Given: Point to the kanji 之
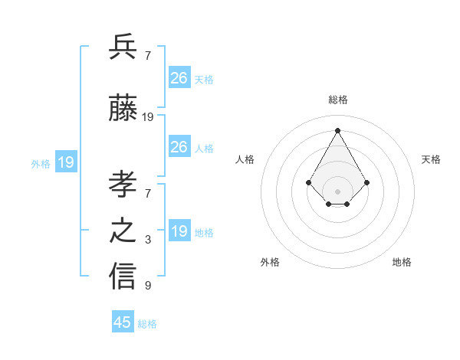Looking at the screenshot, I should point(123,231).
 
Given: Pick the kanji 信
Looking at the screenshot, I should point(123,276).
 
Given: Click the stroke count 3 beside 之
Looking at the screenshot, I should point(148,241).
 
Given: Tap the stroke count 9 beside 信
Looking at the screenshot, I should point(148,286).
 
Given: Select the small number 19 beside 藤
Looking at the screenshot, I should point(148,117).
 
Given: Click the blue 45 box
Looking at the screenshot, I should point(123,322).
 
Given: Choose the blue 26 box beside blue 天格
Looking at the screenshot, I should point(179,78).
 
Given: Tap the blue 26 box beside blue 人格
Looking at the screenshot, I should point(179,147).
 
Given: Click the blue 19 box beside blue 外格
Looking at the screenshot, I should point(66,162).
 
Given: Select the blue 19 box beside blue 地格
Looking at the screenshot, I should point(179,231).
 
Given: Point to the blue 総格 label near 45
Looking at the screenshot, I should point(147,324).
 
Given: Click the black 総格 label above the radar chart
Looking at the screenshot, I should point(338,100).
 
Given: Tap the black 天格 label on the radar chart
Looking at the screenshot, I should point(432,159).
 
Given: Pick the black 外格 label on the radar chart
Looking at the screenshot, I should point(270,262).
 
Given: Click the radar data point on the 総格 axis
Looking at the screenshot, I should point(337,130).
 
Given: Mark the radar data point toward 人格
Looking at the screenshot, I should point(308,182).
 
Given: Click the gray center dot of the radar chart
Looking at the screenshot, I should point(337,191).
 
